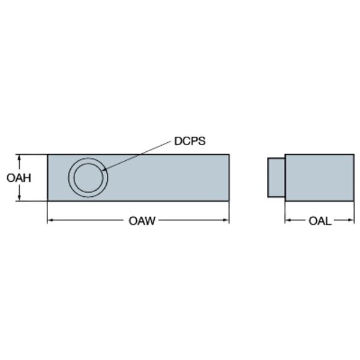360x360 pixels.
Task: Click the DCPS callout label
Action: tap(190, 141)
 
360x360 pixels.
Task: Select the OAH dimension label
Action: tap(19, 178)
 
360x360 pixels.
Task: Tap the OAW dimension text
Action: tap(142, 221)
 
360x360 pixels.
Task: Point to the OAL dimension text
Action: tap(320, 221)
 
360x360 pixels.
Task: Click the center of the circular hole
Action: tap(88, 178)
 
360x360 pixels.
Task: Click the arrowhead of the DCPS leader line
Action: tap(104, 170)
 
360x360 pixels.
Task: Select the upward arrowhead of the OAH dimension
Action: tap(19, 157)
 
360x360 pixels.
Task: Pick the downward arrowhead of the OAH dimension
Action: tap(19, 197)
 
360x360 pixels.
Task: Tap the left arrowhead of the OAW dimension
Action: tap(50, 220)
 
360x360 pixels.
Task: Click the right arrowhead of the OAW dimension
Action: tap(226, 220)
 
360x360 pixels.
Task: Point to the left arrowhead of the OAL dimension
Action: tap(288, 220)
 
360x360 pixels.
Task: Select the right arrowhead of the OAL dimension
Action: tap(351, 220)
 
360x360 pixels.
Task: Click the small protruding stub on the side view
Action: tap(277, 178)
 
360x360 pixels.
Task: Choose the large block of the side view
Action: tap(320, 178)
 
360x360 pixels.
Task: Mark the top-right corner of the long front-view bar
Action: tap(229, 155)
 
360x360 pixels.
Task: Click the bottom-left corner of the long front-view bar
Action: tap(47, 201)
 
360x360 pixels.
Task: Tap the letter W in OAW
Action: tap(151, 221)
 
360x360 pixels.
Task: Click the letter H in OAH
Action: tap(28, 178)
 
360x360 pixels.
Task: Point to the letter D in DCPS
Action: tap(178, 141)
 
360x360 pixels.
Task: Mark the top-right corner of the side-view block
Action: tap(354, 155)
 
